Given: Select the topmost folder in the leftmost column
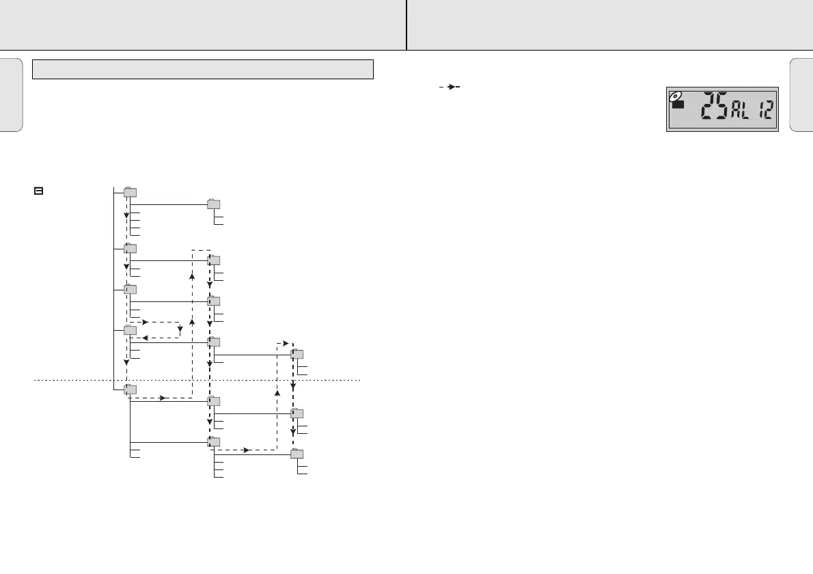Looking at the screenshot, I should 130,192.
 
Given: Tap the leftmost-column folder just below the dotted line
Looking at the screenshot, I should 130,389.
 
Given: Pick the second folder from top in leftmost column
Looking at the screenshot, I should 130,249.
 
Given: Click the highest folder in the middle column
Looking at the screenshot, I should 214,203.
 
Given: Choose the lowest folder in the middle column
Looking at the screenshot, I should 214,442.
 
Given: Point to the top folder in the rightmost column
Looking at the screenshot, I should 297,354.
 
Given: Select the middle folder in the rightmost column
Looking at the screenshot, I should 297,413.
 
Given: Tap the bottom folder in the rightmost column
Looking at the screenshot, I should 297,454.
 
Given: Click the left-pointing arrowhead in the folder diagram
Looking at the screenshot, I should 146,338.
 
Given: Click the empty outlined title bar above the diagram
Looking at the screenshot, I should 204,69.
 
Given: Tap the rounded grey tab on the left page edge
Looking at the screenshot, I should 12,94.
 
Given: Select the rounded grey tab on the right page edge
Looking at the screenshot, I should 801,94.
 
